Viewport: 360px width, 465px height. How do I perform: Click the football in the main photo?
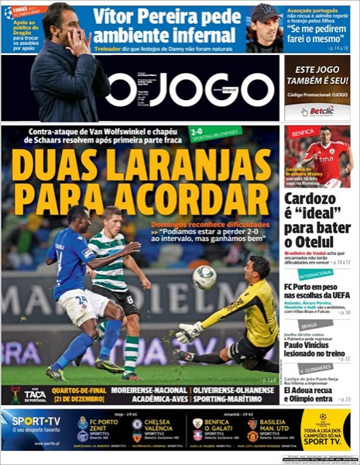[204, 277]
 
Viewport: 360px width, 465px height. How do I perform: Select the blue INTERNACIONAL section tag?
[316, 274]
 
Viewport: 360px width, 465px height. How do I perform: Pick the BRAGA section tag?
[308, 325]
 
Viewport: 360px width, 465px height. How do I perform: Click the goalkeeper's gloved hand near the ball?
[187, 332]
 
